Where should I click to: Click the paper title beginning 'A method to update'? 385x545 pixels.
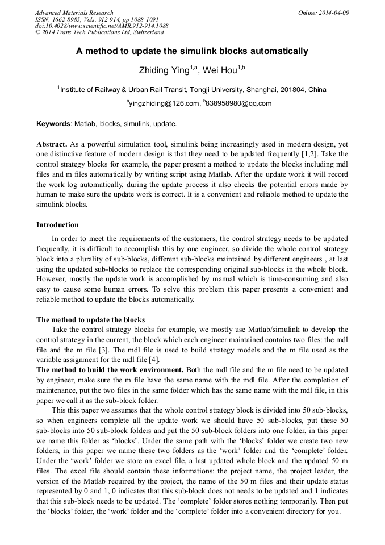[x=192, y=51]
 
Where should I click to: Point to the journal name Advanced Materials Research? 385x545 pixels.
[x=74, y=13]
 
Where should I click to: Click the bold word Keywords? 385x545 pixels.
[x=53, y=123]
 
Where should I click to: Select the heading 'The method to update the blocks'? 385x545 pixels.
[x=90, y=319]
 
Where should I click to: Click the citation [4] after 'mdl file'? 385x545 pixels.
[x=153, y=360]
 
